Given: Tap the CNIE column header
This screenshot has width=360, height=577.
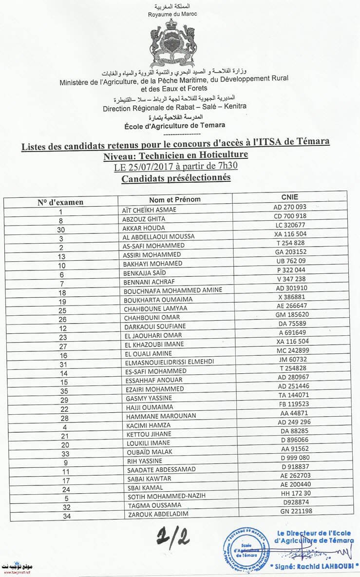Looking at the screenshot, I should tap(289, 197).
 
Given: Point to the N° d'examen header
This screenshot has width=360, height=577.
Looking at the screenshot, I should tap(60, 202).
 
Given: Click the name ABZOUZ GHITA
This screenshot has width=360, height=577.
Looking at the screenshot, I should tap(144, 219).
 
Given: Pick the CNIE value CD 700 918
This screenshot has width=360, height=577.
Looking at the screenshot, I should tap(290, 216).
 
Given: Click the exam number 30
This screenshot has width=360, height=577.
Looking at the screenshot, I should tap(61, 229).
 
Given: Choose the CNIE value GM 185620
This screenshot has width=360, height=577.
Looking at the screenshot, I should tap(290, 315).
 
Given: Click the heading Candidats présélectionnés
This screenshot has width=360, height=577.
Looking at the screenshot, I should tap(175, 178).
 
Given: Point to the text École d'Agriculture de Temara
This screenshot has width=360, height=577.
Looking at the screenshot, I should tap(174, 125).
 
